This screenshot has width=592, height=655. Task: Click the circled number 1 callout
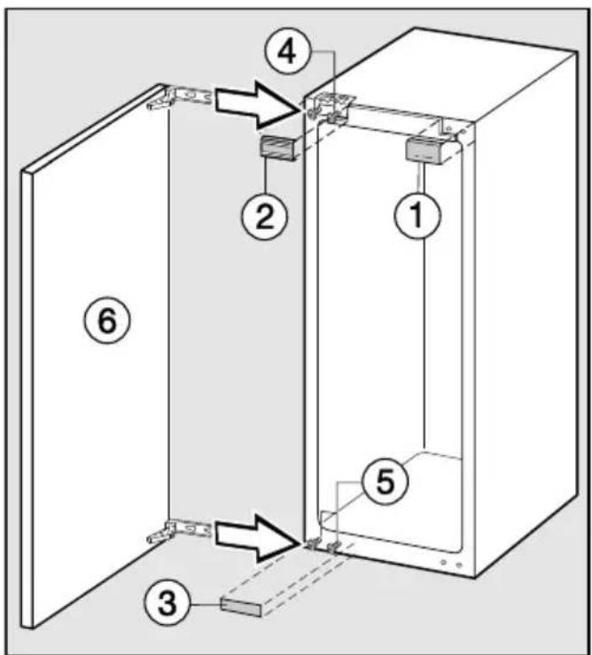coord(417,215)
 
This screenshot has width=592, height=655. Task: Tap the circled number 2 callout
coord(264,216)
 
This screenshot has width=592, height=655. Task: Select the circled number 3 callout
coord(167,603)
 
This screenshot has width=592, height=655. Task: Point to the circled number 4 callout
coord(288,53)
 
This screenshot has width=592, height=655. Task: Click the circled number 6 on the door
coord(107,320)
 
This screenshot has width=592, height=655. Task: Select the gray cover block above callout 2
coord(278,148)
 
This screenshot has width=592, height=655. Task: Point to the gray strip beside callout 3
coord(241,607)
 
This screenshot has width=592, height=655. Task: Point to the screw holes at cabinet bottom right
coord(451,563)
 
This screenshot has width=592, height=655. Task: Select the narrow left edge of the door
coord(27,399)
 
